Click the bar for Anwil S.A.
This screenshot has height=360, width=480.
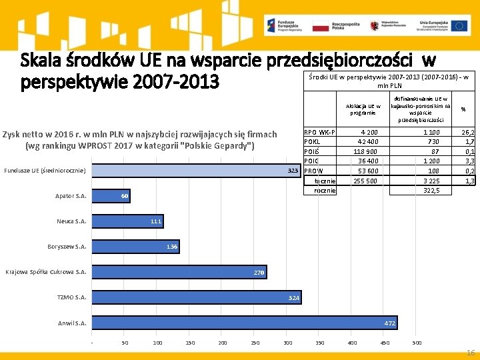click(244, 323)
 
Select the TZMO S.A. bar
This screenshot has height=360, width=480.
click(195, 297)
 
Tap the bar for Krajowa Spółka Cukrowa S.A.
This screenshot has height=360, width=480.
click(178, 272)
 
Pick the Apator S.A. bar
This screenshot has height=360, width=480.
click(110, 196)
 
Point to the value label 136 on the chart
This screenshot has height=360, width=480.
click(172, 247)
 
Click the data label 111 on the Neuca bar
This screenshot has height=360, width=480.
click(156, 221)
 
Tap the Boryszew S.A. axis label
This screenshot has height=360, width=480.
click(67, 247)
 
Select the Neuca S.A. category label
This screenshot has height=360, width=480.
click(71, 221)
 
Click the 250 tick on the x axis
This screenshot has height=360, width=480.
click(255, 343)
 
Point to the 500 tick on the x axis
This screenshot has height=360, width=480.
click(417, 343)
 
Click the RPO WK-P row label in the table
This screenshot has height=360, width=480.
click(319, 132)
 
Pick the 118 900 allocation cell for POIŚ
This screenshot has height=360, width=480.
click(365, 151)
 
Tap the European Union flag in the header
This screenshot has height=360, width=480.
click(459, 26)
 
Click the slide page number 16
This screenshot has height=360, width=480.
click(471, 352)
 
